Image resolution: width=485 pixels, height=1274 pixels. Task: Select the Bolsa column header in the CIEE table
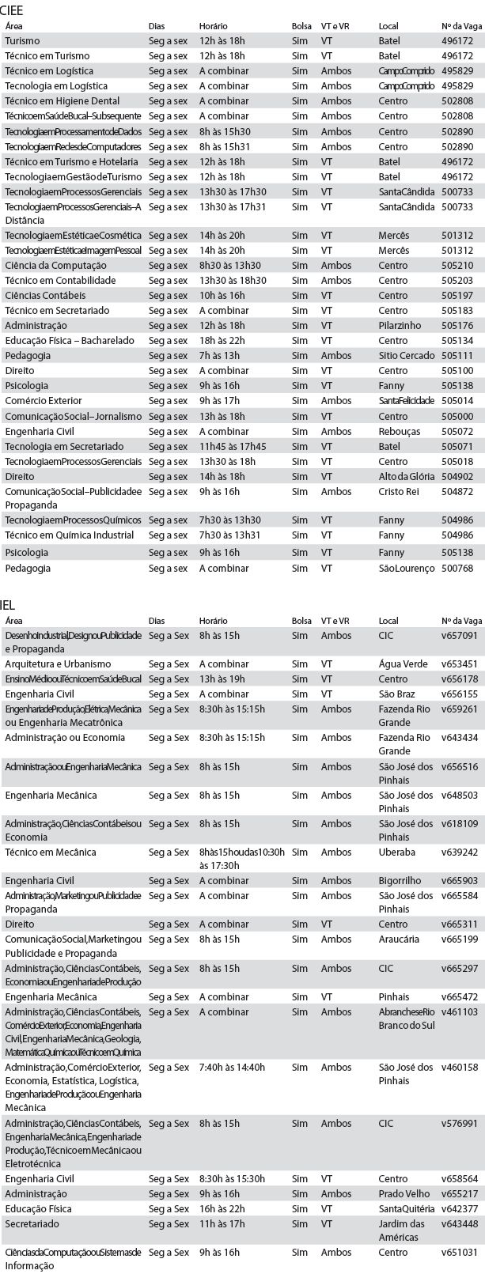(301, 26)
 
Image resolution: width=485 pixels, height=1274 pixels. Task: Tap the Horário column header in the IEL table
(213, 622)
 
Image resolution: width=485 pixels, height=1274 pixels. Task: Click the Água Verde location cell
(404, 664)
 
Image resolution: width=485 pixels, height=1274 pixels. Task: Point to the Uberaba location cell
(397, 852)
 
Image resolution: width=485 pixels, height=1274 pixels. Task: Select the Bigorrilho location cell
(400, 881)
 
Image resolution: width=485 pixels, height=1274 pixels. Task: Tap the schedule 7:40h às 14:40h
(232, 1068)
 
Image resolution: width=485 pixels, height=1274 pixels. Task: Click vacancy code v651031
(459, 1253)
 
